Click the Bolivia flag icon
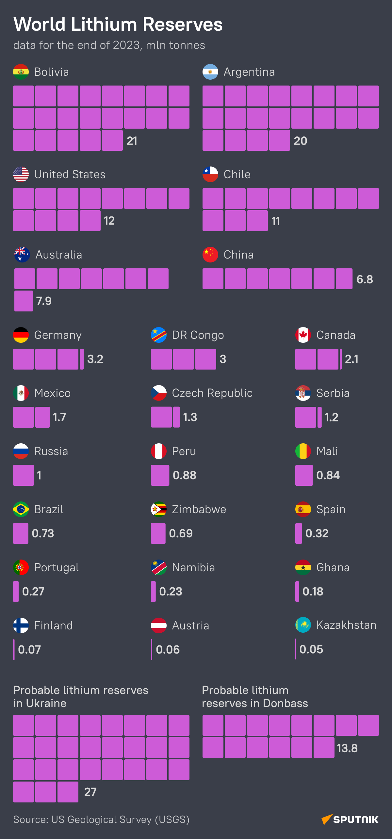pos(21,72)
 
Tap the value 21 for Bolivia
pos(132,141)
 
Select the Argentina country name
pos(249,72)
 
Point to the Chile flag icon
pos(210,174)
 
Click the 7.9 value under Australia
pos(44,301)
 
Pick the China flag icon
pos(210,255)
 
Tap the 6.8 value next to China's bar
pos(365,279)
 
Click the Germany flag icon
pos(21,335)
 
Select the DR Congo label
pos(198,335)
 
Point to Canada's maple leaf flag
pos(303,335)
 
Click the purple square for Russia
pos(24,475)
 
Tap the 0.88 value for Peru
pos(185,475)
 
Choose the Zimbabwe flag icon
pos(159,509)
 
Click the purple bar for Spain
pos(299,533)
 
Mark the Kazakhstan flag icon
pos(303,625)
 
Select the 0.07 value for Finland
pos(29,650)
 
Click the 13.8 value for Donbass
pos(347,748)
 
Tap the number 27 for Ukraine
pos(90,792)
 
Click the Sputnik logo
pos(350,819)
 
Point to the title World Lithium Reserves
pos(118,24)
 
